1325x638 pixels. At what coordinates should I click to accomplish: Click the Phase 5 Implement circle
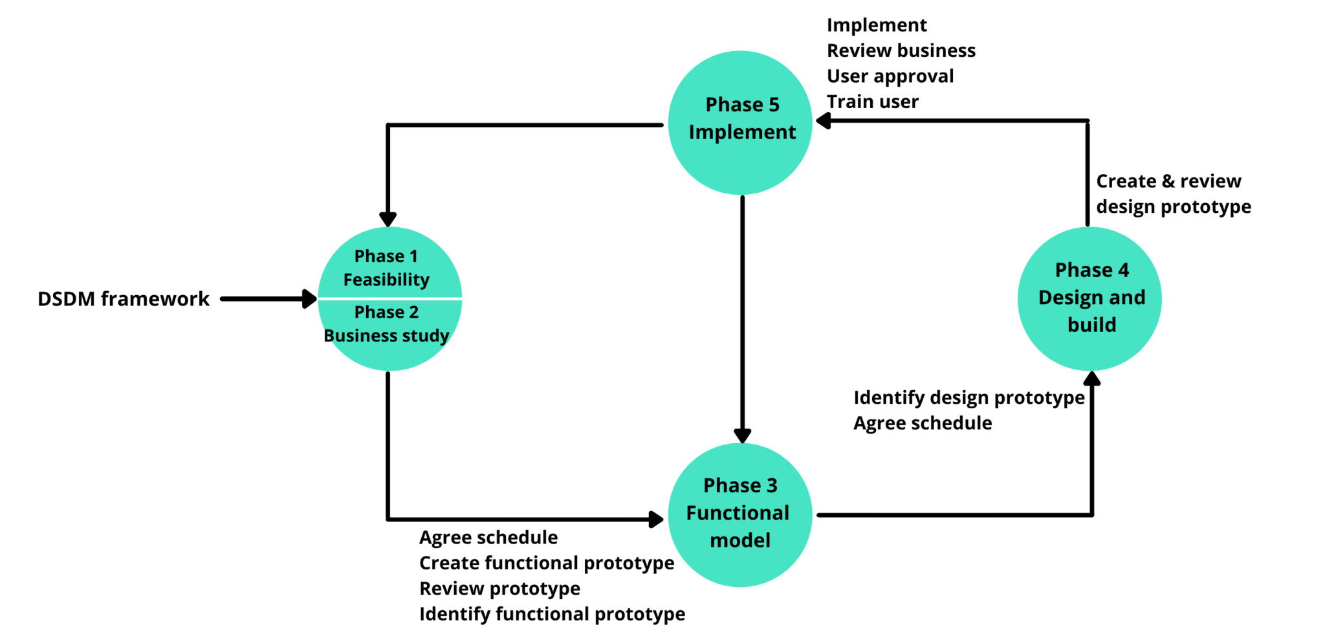(x=740, y=123)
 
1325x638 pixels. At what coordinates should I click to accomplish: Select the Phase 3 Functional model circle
(x=740, y=515)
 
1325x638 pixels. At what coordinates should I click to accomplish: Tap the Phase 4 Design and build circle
(x=1090, y=298)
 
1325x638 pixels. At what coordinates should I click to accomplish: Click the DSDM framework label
(x=124, y=299)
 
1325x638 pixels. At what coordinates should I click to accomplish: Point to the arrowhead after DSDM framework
(x=310, y=299)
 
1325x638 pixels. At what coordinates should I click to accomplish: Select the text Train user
(x=872, y=102)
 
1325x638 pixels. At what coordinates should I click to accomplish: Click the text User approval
(x=890, y=76)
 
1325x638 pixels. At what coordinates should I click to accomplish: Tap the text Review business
(x=901, y=50)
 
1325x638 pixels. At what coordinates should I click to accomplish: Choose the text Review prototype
(x=499, y=588)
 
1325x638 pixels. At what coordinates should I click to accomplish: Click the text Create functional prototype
(x=546, y=563)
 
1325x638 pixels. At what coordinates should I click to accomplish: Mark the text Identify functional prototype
(x=552, y=613)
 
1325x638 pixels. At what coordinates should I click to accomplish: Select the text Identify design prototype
(x=969, y=397)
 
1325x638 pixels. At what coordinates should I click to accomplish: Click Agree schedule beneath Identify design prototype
(x=922, y=423)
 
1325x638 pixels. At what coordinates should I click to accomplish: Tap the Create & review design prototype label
(x=1172, y=193)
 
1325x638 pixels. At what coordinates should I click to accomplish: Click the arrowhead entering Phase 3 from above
(x=743, y=435)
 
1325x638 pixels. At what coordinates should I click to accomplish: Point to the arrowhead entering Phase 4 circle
(x=1092, y=379)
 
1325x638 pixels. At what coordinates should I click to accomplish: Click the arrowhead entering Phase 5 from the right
(x=824, y=121)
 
